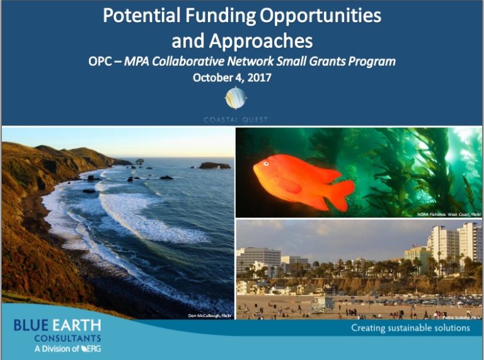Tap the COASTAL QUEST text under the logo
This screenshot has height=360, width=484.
tap(236, 120)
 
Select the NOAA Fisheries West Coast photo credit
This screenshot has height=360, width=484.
tap(449, 214)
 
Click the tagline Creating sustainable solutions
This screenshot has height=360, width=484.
tap(410, 328)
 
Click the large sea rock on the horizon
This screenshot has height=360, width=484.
tap(214, 166)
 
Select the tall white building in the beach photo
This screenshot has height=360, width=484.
tap(470, 242)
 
